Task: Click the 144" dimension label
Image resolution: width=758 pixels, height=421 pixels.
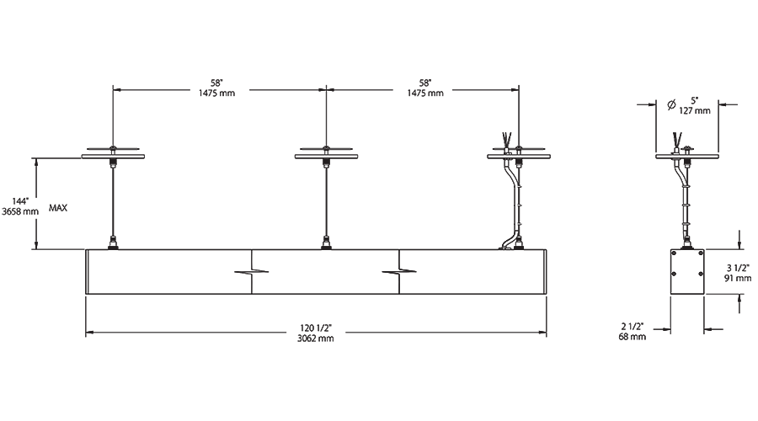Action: coord(20,201)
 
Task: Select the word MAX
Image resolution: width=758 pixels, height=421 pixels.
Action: coord(58,208)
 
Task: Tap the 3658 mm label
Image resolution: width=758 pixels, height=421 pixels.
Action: coord(20,211)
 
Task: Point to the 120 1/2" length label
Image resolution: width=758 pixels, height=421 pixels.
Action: coord(315,328)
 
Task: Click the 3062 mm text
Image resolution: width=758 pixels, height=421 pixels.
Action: coord(315,338)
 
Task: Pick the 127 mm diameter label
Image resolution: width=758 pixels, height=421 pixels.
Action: coord(695,110)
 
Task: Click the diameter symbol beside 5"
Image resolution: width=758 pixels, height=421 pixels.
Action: coord(671,104)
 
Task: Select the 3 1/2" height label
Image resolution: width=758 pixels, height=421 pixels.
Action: coord(738,268)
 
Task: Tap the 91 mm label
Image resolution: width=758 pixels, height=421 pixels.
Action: coord(738,278)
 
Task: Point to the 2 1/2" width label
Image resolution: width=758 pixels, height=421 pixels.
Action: coord(633,327)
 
